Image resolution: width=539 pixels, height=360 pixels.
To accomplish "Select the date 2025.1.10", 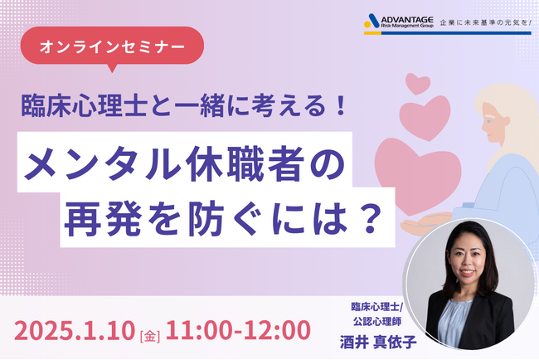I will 80,330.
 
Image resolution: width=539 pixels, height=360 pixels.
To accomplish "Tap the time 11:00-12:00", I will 233,330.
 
